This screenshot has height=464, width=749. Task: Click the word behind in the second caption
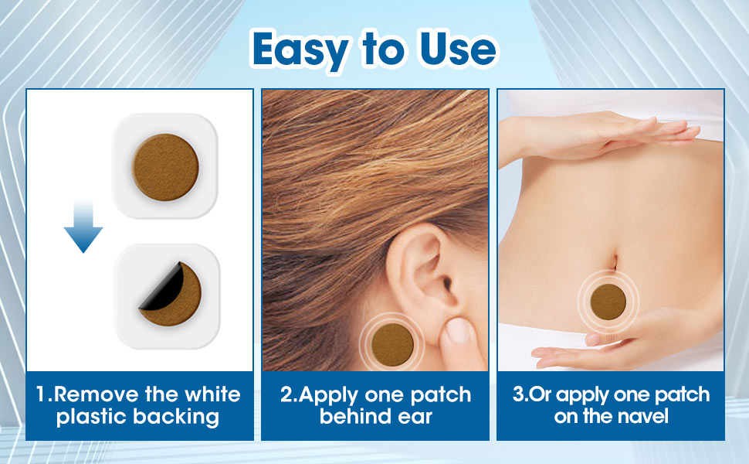tap(358, 418)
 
